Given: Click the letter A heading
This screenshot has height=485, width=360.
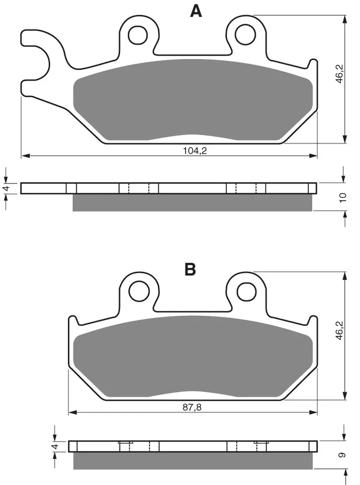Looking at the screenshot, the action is tap(196, 11).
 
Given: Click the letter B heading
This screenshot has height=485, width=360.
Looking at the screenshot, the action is tap(190, 269).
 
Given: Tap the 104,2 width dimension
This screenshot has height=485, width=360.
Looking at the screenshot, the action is tap(195, 151).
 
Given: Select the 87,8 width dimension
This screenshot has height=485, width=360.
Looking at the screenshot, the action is tap(192, 407).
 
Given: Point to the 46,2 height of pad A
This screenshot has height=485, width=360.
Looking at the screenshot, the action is tap(339, 74).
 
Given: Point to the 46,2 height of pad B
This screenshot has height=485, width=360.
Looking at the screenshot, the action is tap(339, 331).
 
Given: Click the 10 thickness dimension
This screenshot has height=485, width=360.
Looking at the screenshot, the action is tap(343, 197).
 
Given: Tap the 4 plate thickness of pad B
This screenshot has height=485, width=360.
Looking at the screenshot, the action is tap(56, 446).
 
